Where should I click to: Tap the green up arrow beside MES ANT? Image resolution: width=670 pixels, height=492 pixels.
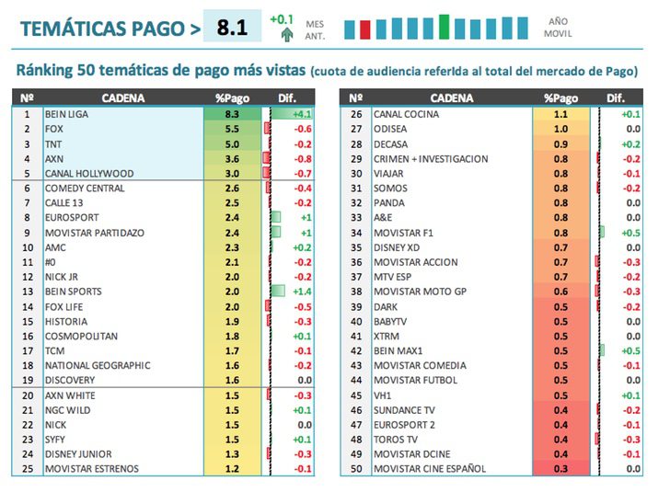coord(288,35)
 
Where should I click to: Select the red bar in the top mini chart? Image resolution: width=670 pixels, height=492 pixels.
coord(365,29)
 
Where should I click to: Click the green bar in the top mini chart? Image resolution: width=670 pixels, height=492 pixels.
coord(445,27)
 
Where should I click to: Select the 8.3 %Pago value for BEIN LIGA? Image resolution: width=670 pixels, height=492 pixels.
coord(232,114)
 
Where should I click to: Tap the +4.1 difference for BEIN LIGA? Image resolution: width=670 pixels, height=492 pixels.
coord(298,114)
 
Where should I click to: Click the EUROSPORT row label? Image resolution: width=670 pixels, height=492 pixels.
coord(74,218)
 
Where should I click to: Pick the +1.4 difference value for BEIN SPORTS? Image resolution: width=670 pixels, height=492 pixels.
coord(298,292)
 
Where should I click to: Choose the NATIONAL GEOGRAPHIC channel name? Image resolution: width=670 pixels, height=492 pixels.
coord(98,365)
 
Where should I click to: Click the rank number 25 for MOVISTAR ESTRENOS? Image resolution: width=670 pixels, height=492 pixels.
coord(27,469)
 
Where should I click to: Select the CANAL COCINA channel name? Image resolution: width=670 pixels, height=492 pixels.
coord(406,114)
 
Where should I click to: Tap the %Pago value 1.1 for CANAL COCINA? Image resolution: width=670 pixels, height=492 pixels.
coord(560,114)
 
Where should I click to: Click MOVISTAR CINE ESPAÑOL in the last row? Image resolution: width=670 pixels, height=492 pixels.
coord(430,469)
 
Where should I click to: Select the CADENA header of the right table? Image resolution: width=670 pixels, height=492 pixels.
coord(451,98)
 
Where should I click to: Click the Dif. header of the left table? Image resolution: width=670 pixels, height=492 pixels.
coord(287,98)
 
